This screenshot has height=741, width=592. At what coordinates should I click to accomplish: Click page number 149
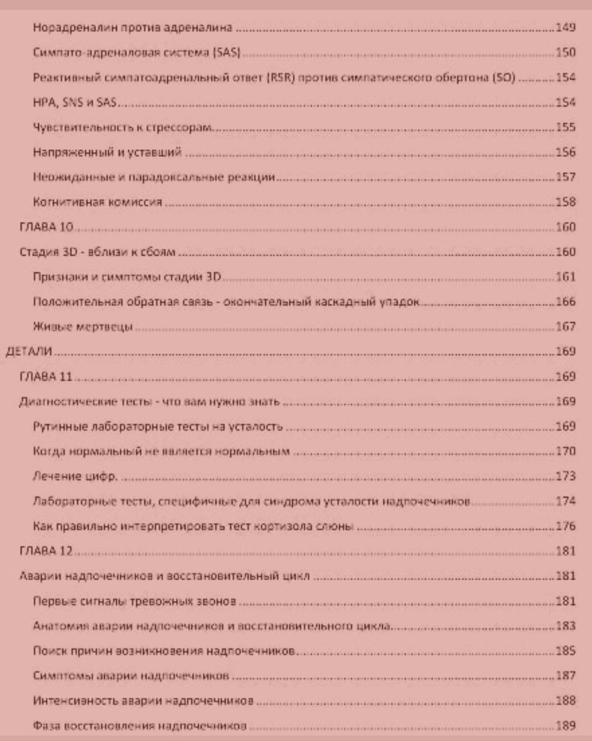pyautogui.click(x=566, y=27)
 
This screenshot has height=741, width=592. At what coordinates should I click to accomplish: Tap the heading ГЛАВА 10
pyautogui.click(x=47, y=227)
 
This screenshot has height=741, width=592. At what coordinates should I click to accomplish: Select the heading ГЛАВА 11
pyautogui.click(x=46, y=376)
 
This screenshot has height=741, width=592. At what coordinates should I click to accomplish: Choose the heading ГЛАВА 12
pyautogui.click(x=46, y=551)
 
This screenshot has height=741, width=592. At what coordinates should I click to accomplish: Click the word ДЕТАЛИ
pyautogui.click(x=29, y=351)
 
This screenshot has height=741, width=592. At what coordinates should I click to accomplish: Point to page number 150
pyautogui.click(x=566, y=52)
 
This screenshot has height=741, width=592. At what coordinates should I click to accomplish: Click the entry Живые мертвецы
pyautogui.click(x=83, y=326)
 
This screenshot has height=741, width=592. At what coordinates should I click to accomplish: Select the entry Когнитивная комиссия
pyautogui.click(x=98, y=202)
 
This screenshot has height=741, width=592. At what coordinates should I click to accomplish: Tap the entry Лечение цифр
pyautogui.click(x=75, y=476)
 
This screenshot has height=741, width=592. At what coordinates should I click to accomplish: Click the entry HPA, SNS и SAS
pyautogui.click(x=75, y=102)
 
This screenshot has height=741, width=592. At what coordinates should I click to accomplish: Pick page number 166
pyautogui.click(x=566, y=302)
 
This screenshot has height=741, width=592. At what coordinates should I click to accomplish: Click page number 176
pyautogui.click(x=566, y=526)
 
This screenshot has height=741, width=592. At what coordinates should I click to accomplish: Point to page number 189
pyautogui.click(x=566, y=726)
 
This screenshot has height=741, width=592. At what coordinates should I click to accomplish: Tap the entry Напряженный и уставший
pyautogui.click(x=107, y=152)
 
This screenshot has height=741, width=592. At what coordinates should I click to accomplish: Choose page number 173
pyautogui.click(x=566, y=476)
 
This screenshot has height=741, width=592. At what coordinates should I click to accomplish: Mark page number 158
pyautogui.click(x=566, y=202)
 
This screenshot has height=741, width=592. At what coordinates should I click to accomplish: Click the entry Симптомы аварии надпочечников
pyautogui.click(x=130, y=676)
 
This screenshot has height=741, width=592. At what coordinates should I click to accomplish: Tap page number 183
pyautogui.click(x=566, y=626)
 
